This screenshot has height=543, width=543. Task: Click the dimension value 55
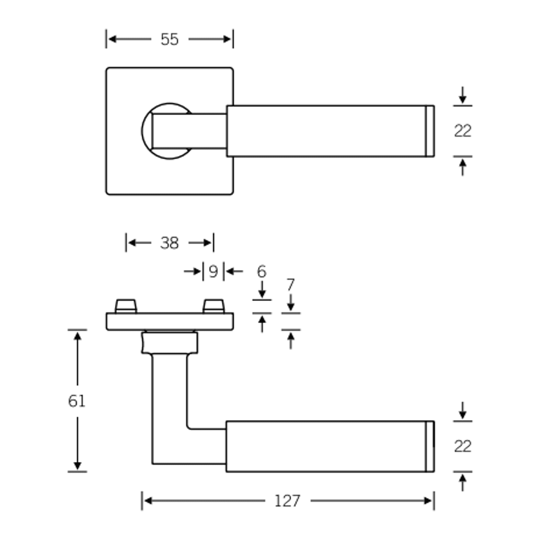pos(169,40)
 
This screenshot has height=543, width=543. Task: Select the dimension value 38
pos(169,243)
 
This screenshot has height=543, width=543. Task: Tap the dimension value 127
pos(287,501)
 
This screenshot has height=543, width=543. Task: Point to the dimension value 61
pos(77,401)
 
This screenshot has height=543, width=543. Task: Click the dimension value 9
pos(213,271)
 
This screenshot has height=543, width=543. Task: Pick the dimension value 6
pos(262,271)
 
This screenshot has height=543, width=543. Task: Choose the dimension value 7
pos(291,285)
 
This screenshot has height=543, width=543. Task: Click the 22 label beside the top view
pos(462,131)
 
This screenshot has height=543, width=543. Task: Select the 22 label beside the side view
pos(462,446)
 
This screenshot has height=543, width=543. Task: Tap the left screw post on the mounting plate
pos(126,306)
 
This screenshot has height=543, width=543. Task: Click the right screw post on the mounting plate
pos(214,306)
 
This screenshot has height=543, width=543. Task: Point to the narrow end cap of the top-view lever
pos(430,131)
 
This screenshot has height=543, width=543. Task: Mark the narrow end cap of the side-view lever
pos(430,446)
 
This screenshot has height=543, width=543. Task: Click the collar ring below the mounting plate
pos(169,343)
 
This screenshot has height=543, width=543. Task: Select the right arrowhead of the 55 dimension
pos(227,40)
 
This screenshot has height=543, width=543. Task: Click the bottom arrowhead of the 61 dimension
pos(77,466)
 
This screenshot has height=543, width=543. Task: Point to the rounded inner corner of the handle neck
pos(190,427)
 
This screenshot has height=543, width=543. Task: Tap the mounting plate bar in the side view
pos(169,321)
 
